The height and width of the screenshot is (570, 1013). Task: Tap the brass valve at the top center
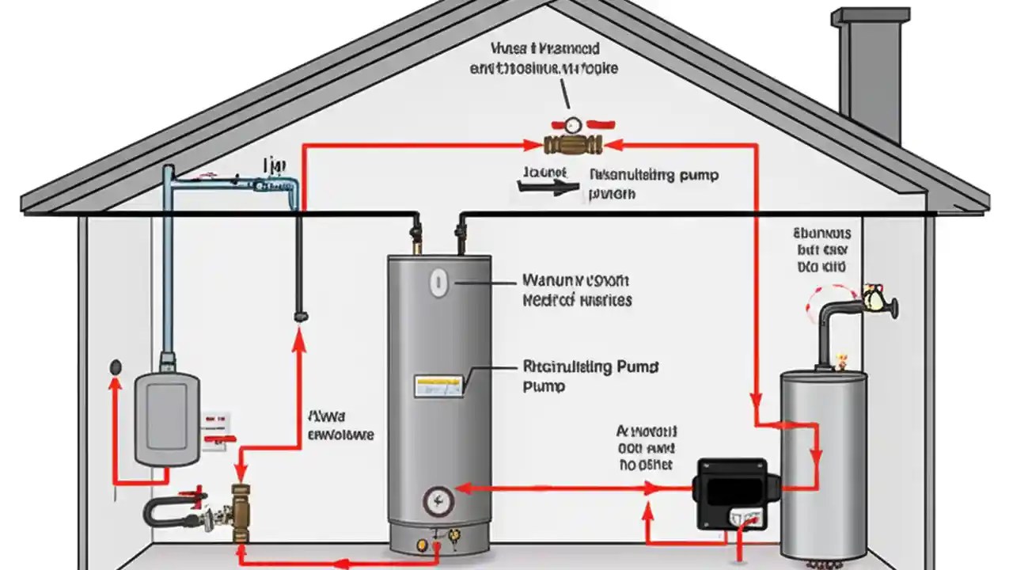[573, 145]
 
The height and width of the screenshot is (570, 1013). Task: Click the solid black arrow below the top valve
[547, 188]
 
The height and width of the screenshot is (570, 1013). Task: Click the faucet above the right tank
[871, 299]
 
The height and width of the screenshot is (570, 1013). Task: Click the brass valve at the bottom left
[241, 511]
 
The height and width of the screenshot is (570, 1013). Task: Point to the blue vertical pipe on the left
[167, 261]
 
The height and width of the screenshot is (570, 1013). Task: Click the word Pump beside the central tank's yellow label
[544, 386]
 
